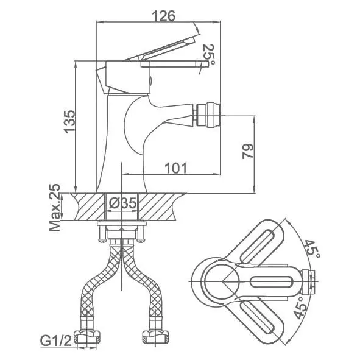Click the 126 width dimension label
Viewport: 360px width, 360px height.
click(163, 16)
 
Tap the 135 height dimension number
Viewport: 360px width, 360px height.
click(69, 122)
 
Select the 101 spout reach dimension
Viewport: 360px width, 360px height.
click(176, 168)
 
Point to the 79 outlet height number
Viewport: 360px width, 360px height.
click(248, 151)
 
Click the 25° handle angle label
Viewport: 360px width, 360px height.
click(208, 55)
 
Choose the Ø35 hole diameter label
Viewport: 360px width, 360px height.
click(123, 203)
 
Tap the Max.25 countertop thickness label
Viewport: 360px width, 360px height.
click(55, 207)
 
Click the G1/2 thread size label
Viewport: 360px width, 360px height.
click(56, 342)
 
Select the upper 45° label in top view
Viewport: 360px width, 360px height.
click(312, 249)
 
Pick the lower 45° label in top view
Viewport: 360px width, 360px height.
click(300, 308)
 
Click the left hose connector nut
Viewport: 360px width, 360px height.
click(88, 337)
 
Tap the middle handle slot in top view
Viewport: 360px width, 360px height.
click(271, 281)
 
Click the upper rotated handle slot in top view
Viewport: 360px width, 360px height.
click(258, 245)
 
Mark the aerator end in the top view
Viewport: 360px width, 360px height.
click(308, 281)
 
